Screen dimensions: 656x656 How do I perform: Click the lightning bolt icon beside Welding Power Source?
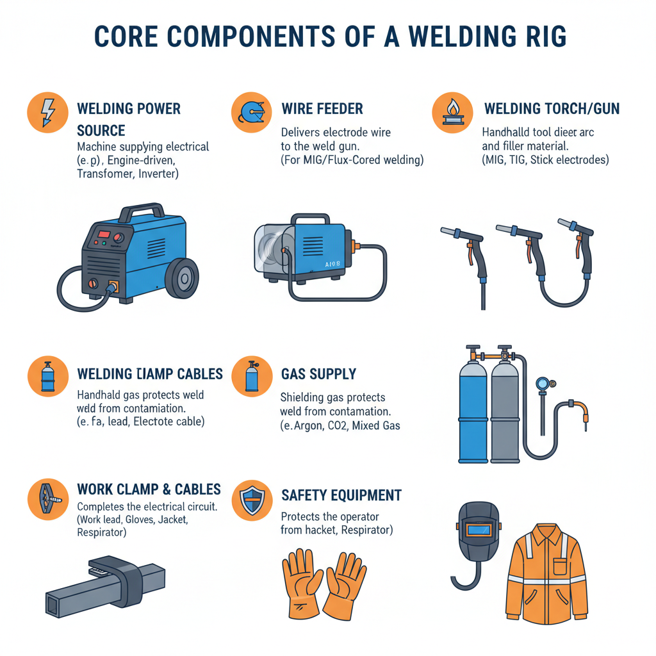tap(47, 113)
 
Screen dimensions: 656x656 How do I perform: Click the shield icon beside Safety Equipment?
tap(251, 500)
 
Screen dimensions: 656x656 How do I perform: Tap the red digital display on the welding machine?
tap(104, 231)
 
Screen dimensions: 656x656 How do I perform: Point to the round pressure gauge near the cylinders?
tap(543, 383)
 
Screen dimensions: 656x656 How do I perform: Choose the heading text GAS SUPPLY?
tap(318, 373)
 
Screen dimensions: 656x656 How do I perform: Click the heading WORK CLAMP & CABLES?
tap(149, 489)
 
